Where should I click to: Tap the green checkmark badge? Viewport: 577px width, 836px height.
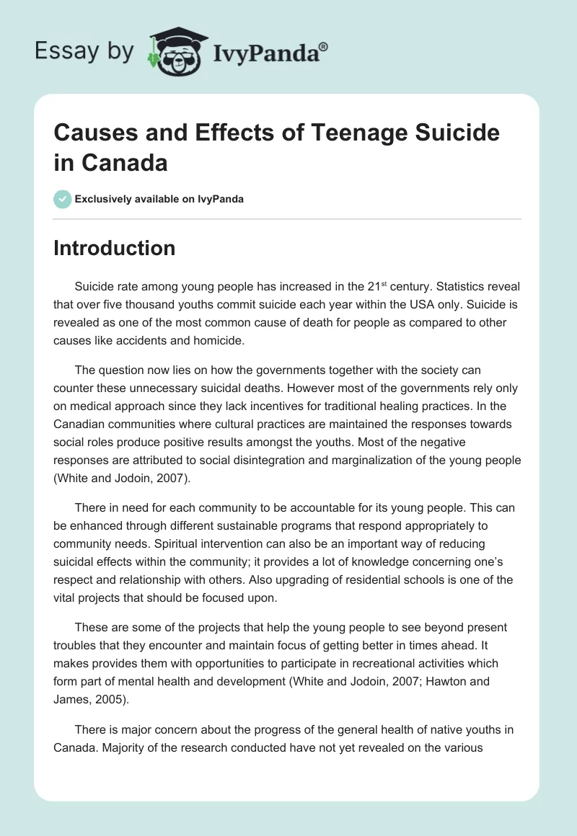[x=63, y=199]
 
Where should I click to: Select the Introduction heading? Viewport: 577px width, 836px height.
[x=115, y=248]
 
